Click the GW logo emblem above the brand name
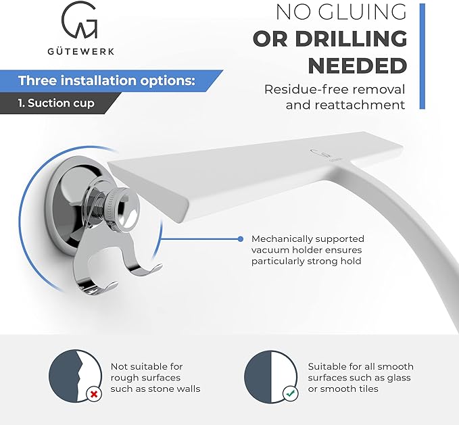pos(79,20)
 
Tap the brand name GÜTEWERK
pos(81,51)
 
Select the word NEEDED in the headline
pos(358,66)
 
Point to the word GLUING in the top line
pos(362,12)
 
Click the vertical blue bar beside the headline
pos(422,56)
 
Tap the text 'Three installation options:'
pos(107,80)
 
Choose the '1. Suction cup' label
pos(56,103)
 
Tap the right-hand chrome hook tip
pos(158,266)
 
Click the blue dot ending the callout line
pos(241,239)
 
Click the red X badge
pos(94,395)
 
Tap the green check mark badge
pos(291,394)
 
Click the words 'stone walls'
pos(174,389)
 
